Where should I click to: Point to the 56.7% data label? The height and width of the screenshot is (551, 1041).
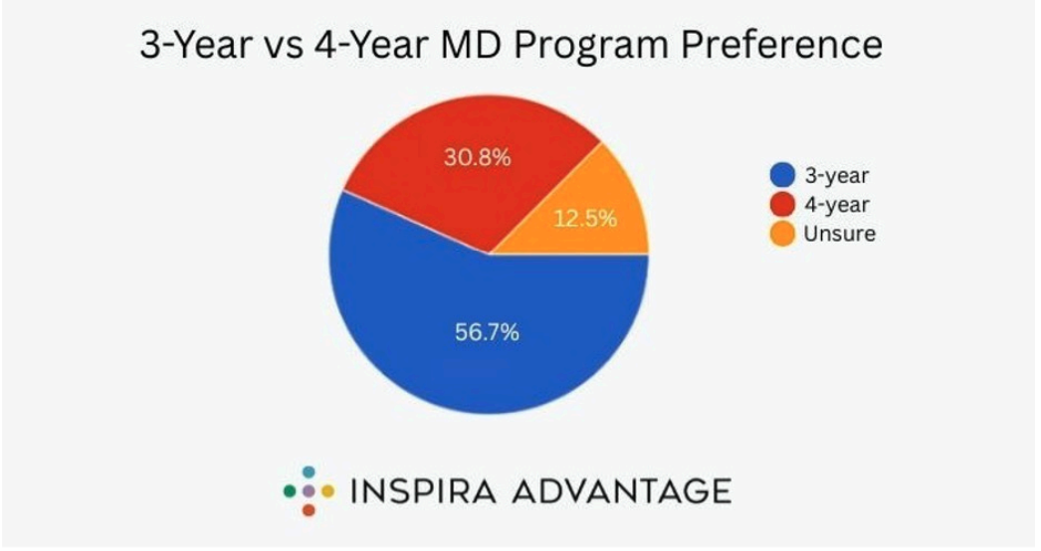point(487,332)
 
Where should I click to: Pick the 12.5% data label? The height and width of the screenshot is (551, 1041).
point(585,218)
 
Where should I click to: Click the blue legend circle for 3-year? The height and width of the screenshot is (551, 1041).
point(783,176)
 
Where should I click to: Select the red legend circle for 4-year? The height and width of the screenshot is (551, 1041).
point(783,205)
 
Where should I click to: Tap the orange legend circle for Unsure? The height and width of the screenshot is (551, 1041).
point(783,234)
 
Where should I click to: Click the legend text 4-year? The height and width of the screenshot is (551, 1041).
point(836,205)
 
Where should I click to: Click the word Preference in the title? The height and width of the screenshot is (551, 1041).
point(787,46)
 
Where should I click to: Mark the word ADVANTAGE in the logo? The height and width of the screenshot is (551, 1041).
point(617,490)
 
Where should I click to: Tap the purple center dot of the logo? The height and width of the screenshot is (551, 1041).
point(309,490)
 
